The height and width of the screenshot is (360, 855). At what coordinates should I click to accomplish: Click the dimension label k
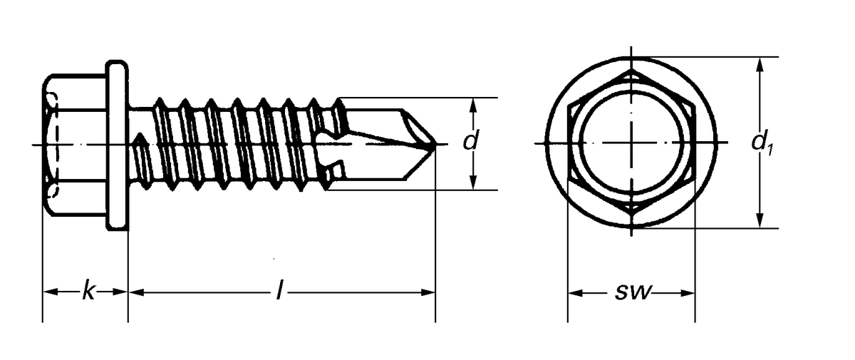87,292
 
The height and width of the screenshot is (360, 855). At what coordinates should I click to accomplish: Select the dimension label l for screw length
279,292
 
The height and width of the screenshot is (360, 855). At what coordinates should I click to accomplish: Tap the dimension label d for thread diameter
470,141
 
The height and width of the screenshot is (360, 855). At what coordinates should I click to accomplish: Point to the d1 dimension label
762,143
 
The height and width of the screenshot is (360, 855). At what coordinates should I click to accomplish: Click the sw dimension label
631,292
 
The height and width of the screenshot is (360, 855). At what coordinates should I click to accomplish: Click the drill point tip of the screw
432,144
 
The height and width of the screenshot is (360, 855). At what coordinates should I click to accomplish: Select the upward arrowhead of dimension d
472,104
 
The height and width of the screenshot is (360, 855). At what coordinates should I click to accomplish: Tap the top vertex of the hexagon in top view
631,71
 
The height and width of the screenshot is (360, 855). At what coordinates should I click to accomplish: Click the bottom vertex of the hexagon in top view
631,216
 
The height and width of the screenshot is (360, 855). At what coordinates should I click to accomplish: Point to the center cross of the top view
631,144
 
